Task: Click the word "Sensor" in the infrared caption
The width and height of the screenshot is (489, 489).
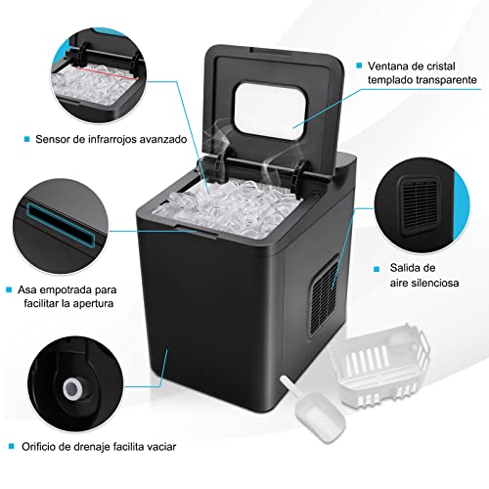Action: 57,140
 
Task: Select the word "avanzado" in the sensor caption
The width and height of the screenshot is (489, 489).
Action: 162,140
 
